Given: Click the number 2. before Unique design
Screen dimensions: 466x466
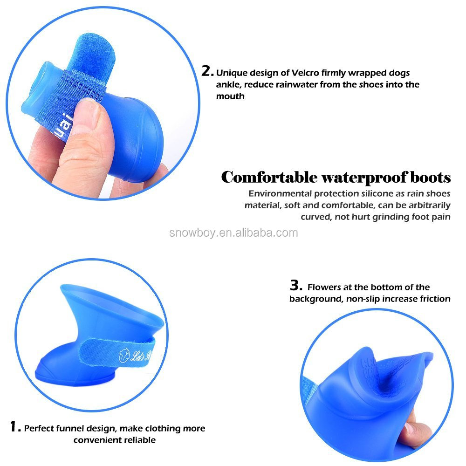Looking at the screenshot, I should pyautogui.click(x=207, y=71).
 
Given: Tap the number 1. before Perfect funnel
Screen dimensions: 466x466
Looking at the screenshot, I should pyautogui.click(x=15, y=426).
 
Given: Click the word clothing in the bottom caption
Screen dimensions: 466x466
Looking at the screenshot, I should pyautogui.click(x=143, y=428).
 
